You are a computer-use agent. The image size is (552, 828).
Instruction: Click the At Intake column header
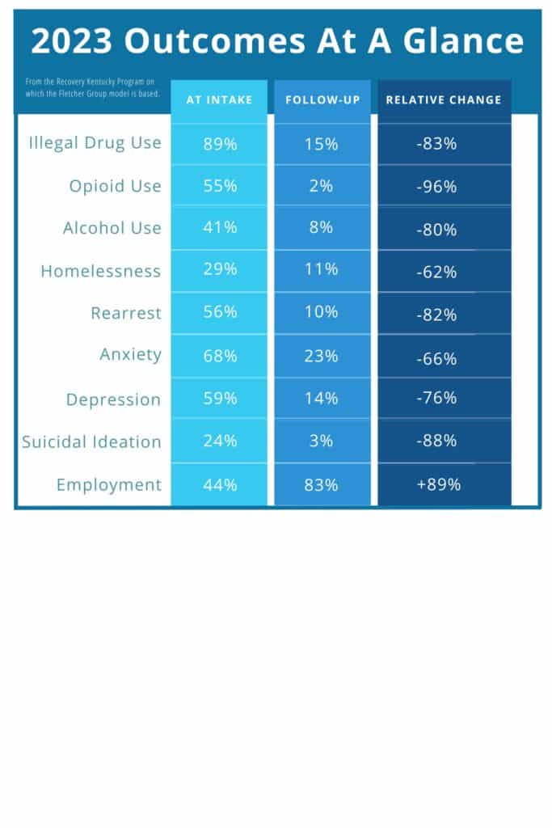[219, 100]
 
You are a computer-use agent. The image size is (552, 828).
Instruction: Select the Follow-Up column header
[322, 100]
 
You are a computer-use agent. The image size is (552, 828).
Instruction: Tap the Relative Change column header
[444, 100]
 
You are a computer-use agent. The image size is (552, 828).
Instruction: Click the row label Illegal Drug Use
[95, 143]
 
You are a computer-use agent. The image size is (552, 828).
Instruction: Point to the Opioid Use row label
[115, 186]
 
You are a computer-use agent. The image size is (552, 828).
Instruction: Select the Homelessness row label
[101, 271]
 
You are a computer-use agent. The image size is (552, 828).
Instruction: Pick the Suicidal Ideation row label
[92, 441]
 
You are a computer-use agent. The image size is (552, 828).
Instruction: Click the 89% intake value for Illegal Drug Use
[219, 144]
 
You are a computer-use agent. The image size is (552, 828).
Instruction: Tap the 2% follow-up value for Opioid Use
[321, 186]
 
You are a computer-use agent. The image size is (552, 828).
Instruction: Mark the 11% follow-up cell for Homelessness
[321, 270]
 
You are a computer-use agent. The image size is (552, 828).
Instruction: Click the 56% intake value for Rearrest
[219, 313]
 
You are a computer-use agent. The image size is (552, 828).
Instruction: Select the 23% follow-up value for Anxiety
[321, 356]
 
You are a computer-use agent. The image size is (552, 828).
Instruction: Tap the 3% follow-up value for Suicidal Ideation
[321, 441]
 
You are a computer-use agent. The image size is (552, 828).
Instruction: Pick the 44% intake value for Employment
[219, 484]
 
